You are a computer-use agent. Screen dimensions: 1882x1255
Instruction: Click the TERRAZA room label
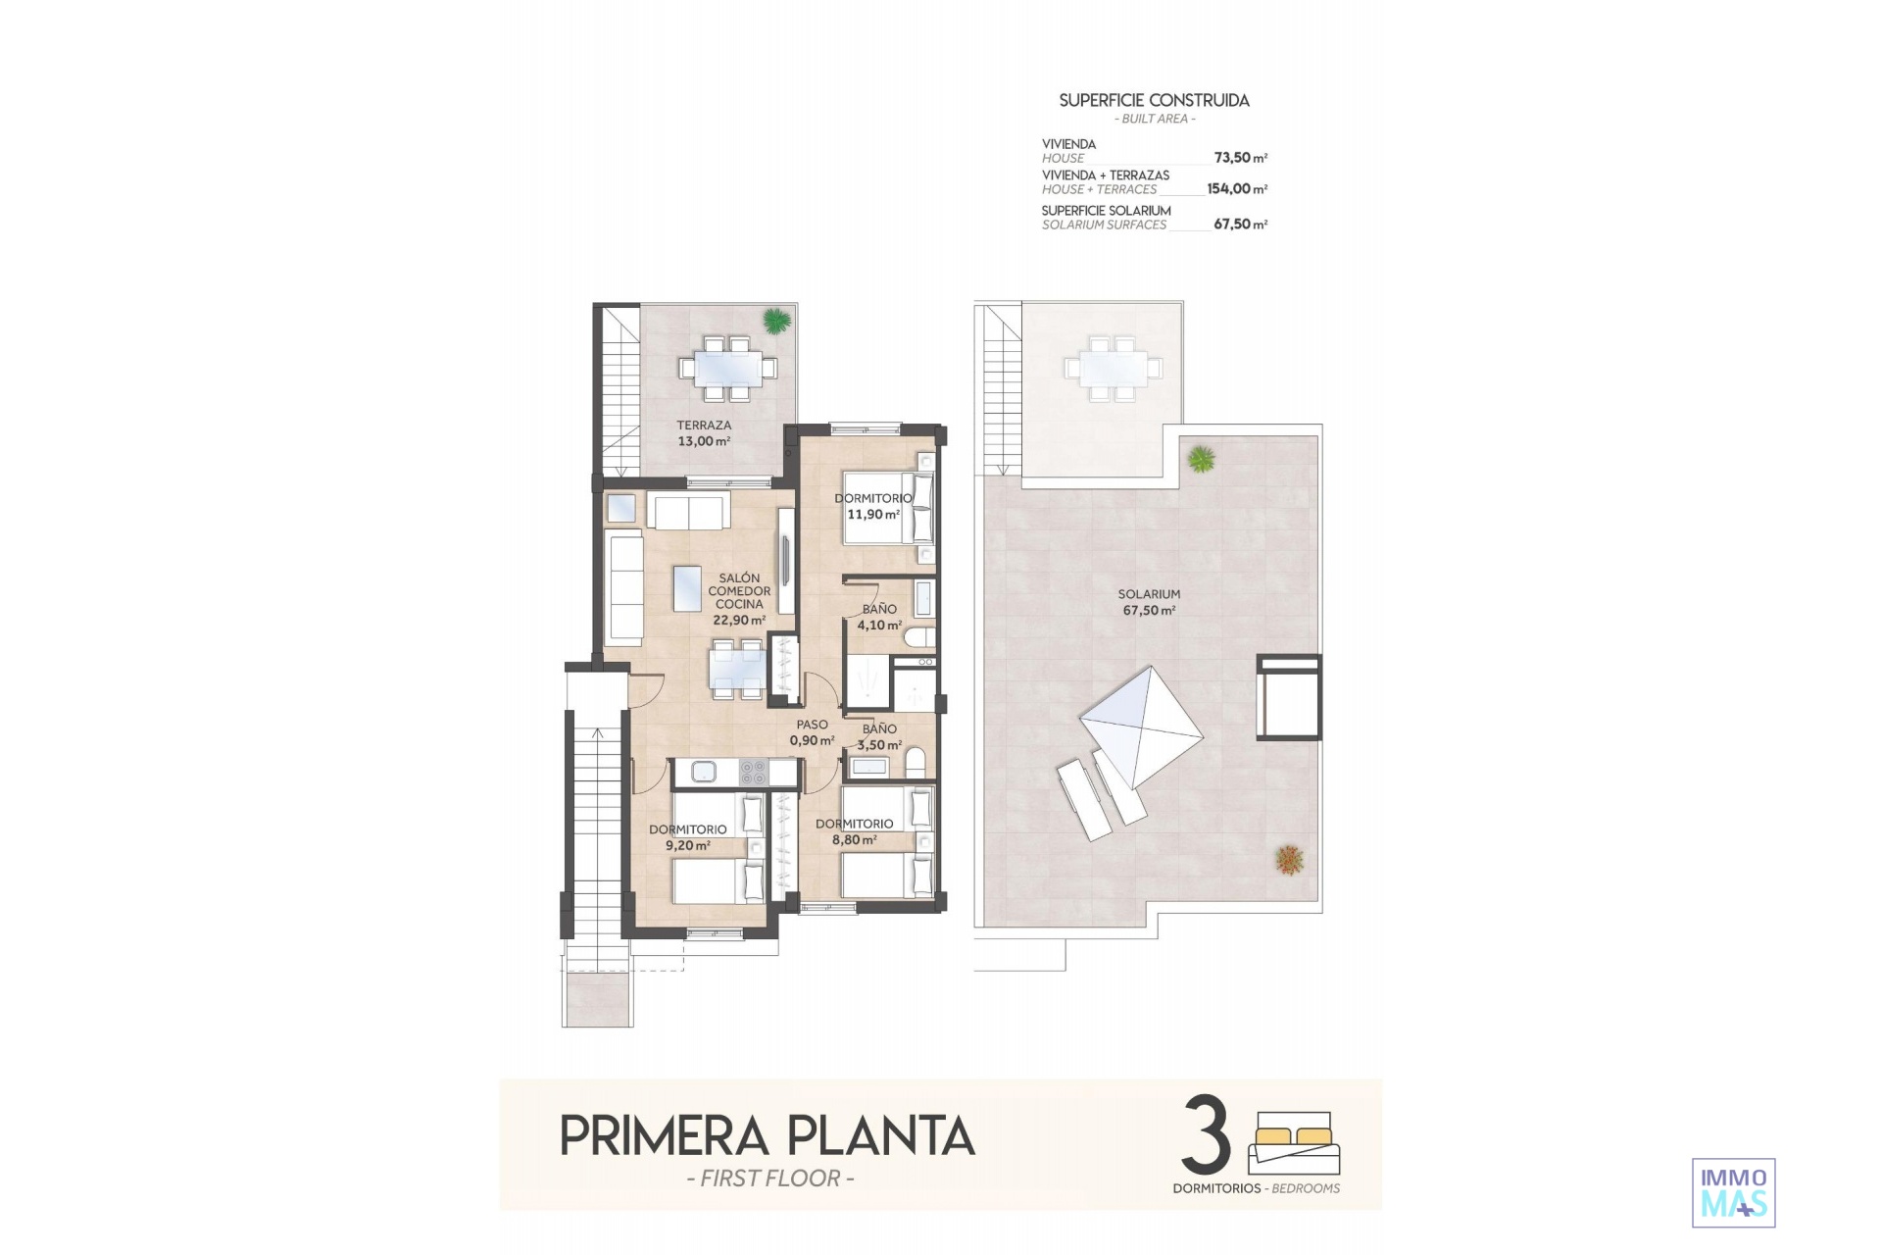tap(704, 426)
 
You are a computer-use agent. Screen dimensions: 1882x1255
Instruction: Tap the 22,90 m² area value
tap(739, 621)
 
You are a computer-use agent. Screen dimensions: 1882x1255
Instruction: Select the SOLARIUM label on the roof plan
tap(1149, 594)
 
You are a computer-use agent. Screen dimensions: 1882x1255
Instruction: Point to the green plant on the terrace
tap(776, 321)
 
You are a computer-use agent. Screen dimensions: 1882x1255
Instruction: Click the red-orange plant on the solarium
tap(1289, 860)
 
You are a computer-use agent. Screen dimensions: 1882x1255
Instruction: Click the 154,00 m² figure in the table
tap(1237, 189)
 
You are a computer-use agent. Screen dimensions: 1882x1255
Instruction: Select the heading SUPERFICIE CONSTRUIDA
tap(1155, 100)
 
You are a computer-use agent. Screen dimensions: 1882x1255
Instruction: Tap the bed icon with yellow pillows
tap(1294, 1143)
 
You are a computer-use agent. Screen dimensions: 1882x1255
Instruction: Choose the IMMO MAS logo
tap(1734, 1192)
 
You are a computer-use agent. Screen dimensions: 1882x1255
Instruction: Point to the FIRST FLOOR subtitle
tap(770, 1179)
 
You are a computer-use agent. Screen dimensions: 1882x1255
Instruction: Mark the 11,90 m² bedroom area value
tap(873, 515)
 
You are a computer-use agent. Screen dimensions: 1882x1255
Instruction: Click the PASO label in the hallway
tap(812, 726)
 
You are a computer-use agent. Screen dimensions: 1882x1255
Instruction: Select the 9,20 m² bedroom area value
tap(688, 845)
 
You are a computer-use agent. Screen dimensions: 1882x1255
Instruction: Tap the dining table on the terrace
tap(726, 369)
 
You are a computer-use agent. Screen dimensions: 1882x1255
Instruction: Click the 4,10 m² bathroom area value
tap(879, 626)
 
